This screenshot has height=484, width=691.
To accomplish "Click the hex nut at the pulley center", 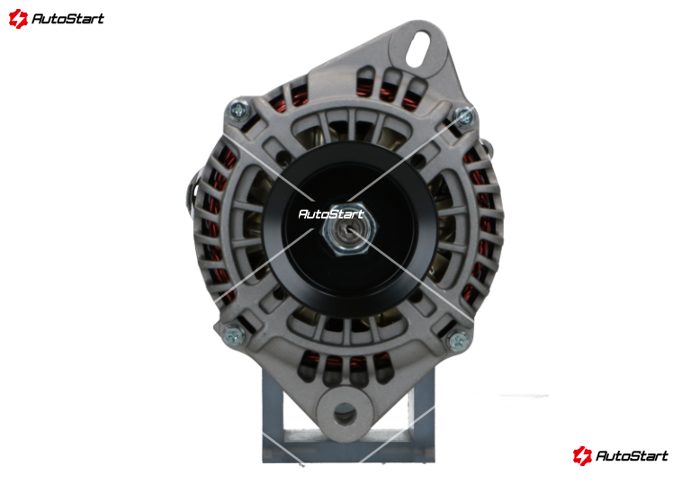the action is (349, 229).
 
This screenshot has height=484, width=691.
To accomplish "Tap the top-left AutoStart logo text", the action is (68, 19).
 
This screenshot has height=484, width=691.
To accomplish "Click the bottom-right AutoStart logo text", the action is (632, 455).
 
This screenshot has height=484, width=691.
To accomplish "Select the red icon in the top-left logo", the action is (18, 19).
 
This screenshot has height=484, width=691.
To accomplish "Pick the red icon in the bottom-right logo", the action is (582, 456).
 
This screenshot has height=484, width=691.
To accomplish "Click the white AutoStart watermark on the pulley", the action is (331, 214).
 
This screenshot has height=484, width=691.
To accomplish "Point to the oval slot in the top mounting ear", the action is (417, 49).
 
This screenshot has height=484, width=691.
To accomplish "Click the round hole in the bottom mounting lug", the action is (345, 415).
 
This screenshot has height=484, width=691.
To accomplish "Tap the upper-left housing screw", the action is (239, 111).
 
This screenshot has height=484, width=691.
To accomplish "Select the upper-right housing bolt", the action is (463, 117).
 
